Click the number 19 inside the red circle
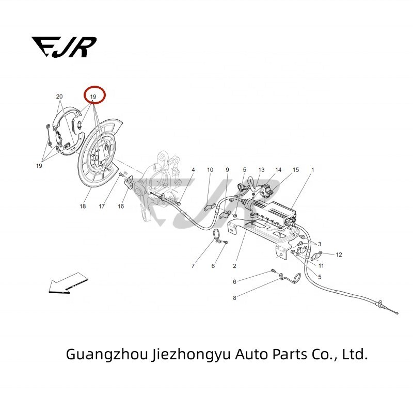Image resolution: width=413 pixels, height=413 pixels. click(93, 97)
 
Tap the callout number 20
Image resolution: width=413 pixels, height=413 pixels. click(59, 97)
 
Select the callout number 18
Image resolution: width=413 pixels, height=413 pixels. click(83, 206)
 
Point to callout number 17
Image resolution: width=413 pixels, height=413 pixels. click(102, 206)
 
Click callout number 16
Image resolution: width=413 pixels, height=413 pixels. click(121, 206)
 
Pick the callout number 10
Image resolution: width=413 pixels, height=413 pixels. click(210, 170)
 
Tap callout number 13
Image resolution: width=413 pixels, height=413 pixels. click(261, 170)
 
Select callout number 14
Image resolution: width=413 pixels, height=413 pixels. click(278, 170)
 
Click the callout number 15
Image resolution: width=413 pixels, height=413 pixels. click(296, 170)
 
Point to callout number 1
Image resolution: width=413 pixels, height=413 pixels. click(312, 170)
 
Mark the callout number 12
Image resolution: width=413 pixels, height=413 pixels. click(339, 255)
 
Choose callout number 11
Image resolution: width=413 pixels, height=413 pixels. click(321, 266)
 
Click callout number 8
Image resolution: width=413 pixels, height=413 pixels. click(234, 298)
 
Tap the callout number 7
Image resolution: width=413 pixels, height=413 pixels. click(193, 266)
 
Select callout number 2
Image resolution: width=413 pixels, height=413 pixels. click(234, 266)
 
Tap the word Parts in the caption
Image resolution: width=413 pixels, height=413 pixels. click(283, 355)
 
